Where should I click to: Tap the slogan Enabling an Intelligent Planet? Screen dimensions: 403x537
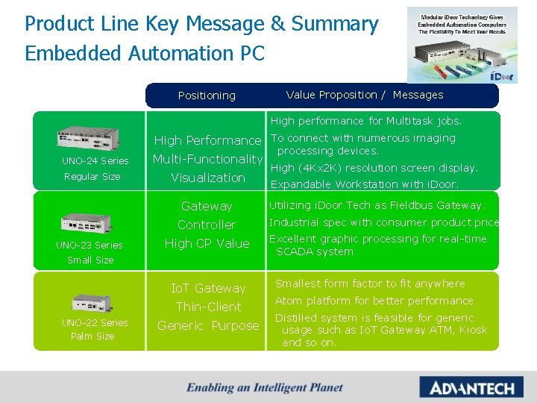click(x=265, y=387)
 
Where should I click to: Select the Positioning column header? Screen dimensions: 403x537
click(x=207, y=96)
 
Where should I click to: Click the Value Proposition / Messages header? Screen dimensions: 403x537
click(x=365, y=95)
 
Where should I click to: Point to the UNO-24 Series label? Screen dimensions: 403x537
click(x=95, y=161)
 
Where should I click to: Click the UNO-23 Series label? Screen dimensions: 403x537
click(x=89, y=245)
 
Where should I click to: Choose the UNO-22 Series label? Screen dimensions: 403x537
click(x=94, y=322)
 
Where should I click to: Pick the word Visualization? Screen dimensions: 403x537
click(x=207, y=178)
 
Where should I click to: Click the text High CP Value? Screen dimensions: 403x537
click(x=207, y=243)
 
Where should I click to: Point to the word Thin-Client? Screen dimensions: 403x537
click(x=208, y=307)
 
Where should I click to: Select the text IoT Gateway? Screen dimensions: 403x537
click(x=208, y=288)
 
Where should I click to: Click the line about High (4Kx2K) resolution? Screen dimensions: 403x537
click(x=374, y=168)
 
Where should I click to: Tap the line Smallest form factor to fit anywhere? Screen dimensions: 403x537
click(x=370, y=284)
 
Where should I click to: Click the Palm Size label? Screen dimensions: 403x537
click(x=92, y=337)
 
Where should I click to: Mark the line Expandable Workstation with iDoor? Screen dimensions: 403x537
click(x=364, y=184)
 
